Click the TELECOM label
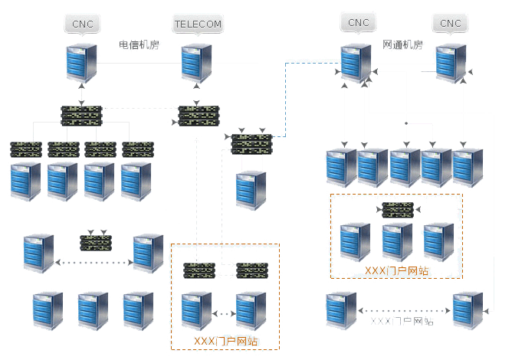pyautogui.click(x=198, y=25)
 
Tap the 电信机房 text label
pyautogui.click(x=139, y=45)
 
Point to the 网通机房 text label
pyautogui.click(x=402, y=45)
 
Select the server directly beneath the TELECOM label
pyautogui.click(x=196, y=64)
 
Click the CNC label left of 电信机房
pyautogui.click(x=82, y=25)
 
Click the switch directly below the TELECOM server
pyautogui.click(x=199, y=115)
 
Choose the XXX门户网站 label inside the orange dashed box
pyautogui.click(x=225, y=339)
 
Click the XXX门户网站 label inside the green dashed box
pyautogui.click(x=395, y=270)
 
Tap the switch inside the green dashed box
pyautogui.click(x=398, y=209)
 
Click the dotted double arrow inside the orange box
pyautogui.click(x=223, y=313)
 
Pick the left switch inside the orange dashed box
pyautogui.click(x=199, y=270)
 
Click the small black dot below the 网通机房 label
pyautogui.click(x=406, y=123)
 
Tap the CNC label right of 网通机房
pyautogui.click(x=451, y=24)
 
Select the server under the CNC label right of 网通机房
pyautogui.click(x=451, y=64)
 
